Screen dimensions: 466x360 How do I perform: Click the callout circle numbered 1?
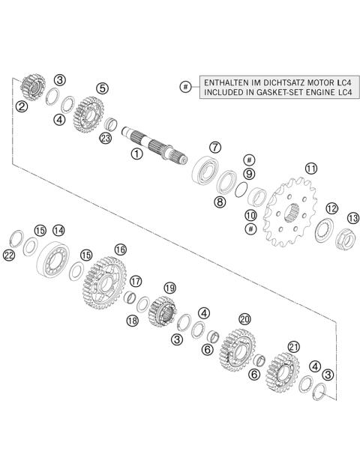coord(136,154)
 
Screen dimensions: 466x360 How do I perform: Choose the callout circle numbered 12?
coord(331,208)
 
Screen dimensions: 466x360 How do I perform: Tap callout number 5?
coord(102,88)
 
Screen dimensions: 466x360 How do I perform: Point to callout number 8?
coord(220,201)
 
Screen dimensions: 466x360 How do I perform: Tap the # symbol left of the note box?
coord(185,87)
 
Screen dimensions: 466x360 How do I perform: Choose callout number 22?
coord(8,255)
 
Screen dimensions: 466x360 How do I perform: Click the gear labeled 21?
coord(281,374)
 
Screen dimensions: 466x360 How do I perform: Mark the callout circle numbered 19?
coord(169,288)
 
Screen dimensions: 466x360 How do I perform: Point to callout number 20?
coord(244,318)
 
